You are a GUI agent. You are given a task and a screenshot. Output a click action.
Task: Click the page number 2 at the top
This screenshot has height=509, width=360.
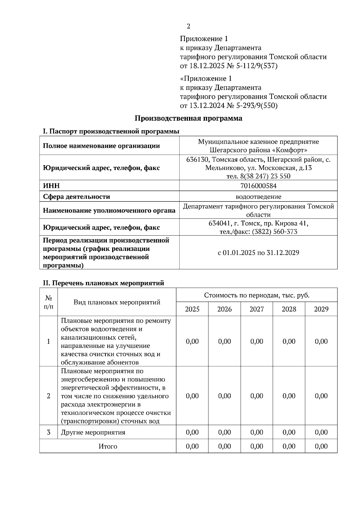(x=188, y=26)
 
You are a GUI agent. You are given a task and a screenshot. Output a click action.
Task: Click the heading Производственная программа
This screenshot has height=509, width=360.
(x=188, y=118)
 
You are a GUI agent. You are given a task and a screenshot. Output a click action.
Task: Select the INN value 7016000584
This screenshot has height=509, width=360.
(x=258, y=186)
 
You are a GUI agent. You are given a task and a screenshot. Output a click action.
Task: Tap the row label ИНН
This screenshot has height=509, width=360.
(x=51, y=186)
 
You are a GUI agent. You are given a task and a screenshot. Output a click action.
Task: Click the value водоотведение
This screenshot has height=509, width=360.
(x=258, y=197)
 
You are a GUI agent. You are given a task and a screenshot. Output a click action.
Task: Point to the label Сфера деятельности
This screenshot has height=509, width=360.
(x=76, y=197)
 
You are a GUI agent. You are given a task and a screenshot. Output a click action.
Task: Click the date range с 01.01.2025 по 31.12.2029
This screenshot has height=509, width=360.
(x=258, y=253)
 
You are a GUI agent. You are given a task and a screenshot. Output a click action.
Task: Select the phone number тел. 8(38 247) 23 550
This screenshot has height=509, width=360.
(x=258, y=176)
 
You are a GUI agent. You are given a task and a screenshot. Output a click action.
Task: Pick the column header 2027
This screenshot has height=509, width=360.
(x=256, y=309)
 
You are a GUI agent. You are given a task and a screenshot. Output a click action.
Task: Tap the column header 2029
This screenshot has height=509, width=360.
(x=321, y=309)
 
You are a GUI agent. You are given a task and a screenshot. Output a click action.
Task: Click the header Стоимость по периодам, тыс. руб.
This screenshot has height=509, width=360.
(x=256, y=295)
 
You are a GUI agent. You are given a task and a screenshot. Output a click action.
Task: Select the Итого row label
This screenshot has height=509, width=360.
(x=108, y=446)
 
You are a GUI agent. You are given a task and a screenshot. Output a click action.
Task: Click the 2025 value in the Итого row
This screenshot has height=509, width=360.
(x=192, y=446)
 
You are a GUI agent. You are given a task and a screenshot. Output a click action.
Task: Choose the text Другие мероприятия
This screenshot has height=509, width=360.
(x=93, y=433)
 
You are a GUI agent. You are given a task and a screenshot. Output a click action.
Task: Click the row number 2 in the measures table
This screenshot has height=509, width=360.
(x=49, y=396)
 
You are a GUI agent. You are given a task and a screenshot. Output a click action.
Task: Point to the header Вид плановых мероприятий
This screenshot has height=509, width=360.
(x=117, y=302)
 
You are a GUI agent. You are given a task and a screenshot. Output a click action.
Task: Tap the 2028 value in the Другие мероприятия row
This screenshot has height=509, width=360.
(x=289, y=433)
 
